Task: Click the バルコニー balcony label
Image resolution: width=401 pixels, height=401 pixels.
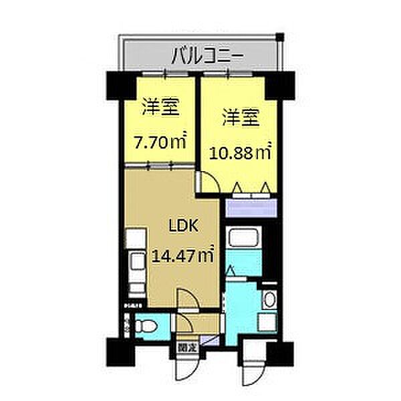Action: click(200, 54)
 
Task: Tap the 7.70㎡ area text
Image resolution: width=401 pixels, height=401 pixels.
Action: click(159, 142)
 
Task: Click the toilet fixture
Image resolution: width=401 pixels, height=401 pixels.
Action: click(145, 327)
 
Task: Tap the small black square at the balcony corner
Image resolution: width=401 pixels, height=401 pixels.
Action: click(281, 36)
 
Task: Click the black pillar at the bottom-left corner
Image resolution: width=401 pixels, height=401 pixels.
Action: click(114, 348)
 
